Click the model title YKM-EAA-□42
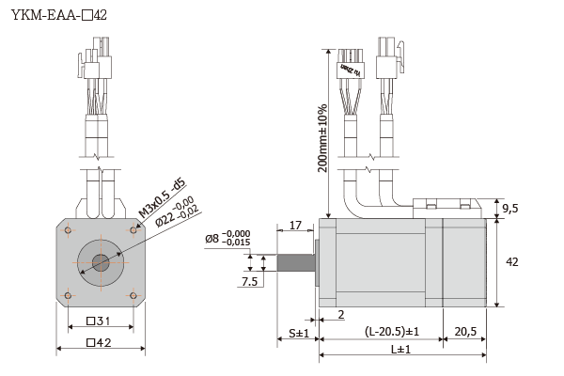59,16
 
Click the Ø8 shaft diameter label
227,239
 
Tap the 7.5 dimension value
250,281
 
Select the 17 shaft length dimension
295,226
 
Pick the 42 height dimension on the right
511,262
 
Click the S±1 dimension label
299,333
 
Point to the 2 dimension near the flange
339,314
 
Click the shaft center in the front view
100,262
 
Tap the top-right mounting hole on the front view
133,230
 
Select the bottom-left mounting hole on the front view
68,295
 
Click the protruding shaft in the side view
295,260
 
